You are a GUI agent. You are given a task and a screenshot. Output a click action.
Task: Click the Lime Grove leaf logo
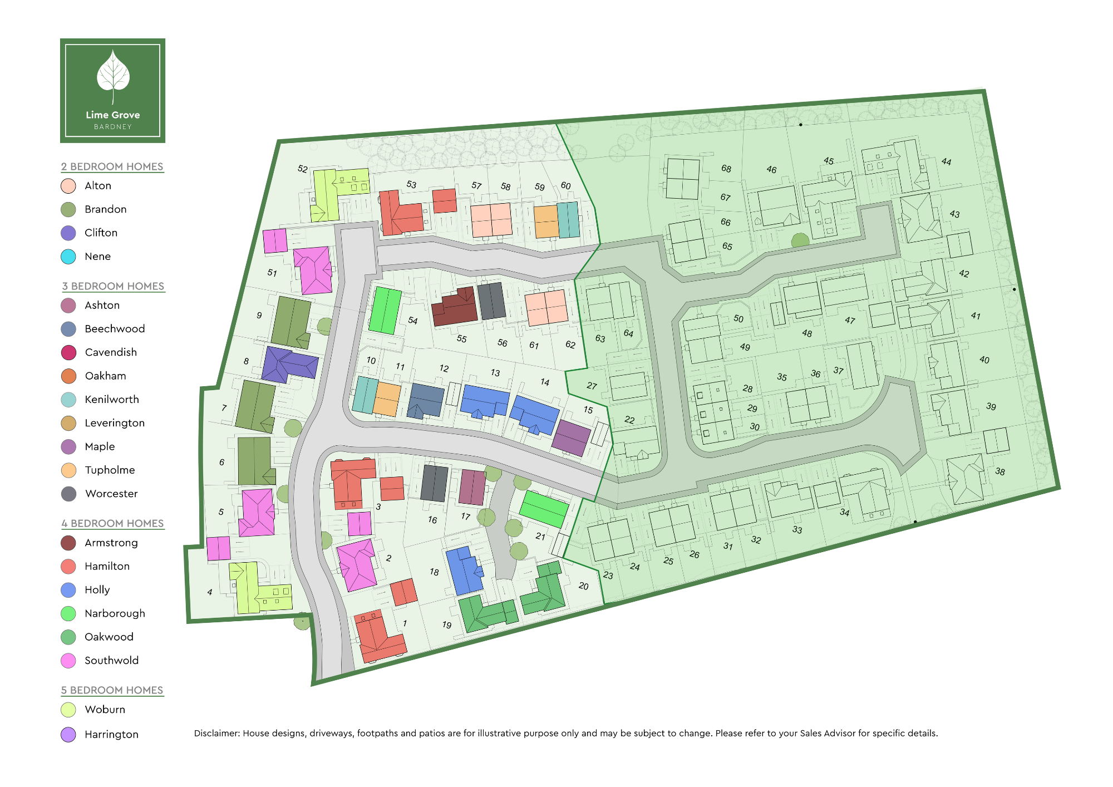[x=113, y=77]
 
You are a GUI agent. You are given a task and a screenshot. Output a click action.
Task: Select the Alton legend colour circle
[x=68, y=186]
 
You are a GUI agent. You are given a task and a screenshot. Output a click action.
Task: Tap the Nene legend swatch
[x=68, y=257]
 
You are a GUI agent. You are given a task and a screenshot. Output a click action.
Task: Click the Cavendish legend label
[x=111, y=352]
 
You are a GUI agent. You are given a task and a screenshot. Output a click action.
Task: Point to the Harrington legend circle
[x=68, y=735]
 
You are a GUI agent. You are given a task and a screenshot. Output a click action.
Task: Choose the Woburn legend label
[x=105, y=710]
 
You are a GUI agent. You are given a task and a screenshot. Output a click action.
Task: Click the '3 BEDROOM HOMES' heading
[x=113, y=286]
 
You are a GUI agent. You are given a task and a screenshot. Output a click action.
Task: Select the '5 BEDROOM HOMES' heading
[x=112, y=690]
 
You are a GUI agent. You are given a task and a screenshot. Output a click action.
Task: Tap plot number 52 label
[x=303, y=169]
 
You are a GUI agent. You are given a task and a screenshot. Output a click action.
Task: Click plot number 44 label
[x=947, y=162]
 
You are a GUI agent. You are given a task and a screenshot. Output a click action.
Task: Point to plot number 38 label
[x=1000, y=471]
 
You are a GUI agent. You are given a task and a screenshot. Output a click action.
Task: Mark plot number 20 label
[x=583, y=586]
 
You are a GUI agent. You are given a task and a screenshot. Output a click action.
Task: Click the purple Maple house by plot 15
[x=571, y=437]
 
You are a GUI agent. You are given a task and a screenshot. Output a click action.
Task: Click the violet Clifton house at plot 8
[x=289, y=364]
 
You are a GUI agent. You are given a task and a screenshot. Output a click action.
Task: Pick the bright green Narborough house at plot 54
[x=385, y=310]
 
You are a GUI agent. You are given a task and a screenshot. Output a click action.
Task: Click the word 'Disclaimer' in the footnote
[x=216, y=733]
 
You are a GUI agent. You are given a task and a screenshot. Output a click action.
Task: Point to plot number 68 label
[x=726, y=169]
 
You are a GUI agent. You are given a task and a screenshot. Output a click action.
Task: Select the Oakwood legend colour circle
[x=68, y=637]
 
